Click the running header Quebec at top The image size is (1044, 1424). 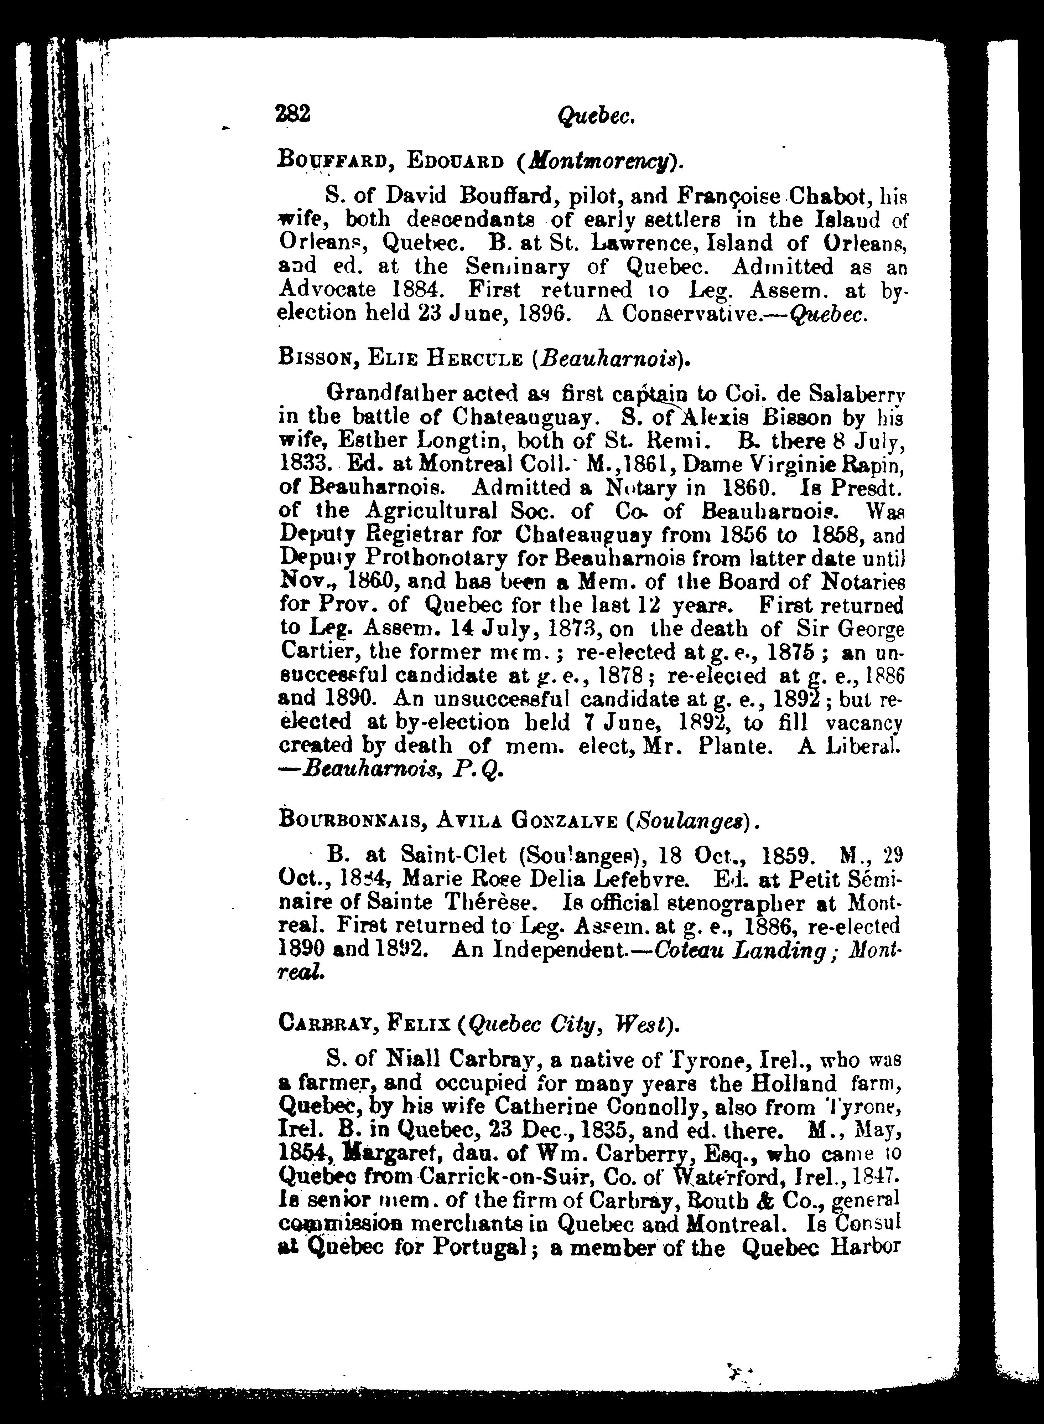tap(596, 116)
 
